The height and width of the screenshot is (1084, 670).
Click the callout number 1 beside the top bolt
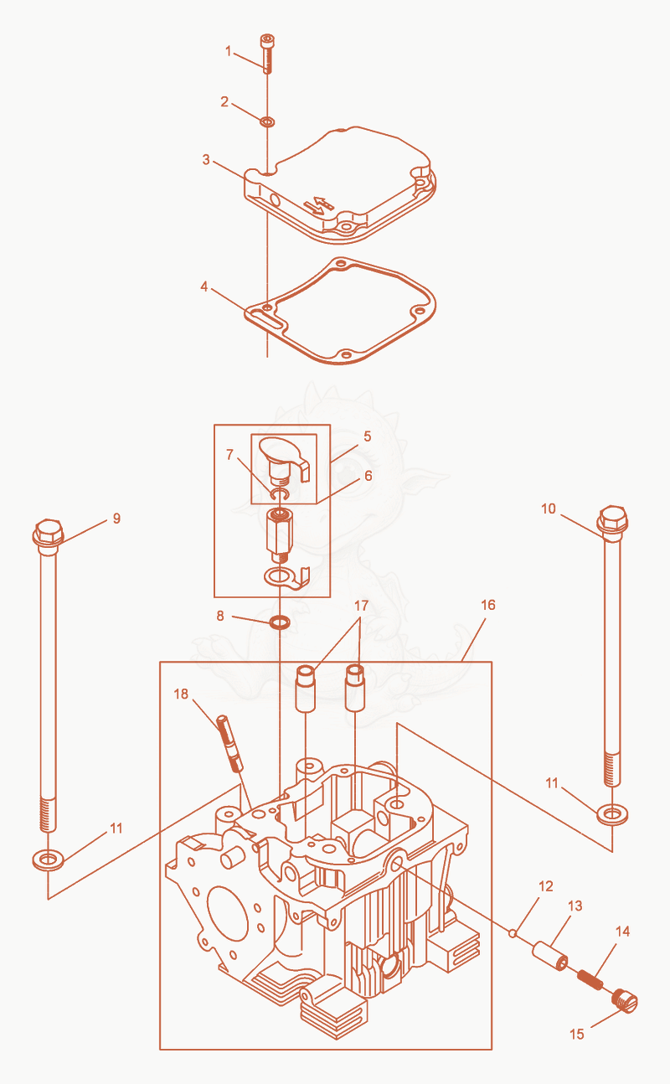coord(229,51)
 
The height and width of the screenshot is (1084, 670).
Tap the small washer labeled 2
coord(267,121)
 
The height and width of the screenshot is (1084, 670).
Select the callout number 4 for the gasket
coord(204,287)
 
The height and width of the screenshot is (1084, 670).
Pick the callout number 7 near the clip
coord(229,454)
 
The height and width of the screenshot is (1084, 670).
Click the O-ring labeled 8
coord(280,622)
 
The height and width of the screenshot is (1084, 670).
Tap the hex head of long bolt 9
coord(48,532)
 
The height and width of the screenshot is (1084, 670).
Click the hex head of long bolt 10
coord(612,519)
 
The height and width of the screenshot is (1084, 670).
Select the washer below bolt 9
coord(48,859)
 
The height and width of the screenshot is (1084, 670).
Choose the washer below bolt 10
coord(612,814)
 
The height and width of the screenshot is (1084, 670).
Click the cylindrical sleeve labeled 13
coord(550,956)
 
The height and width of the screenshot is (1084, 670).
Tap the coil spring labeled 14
coord(590,980)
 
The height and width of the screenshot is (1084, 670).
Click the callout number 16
coord(488,605)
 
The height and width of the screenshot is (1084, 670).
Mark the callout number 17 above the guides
coord(361,606)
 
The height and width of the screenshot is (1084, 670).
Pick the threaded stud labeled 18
coord(229,743)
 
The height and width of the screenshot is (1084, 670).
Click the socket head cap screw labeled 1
coord(267,54)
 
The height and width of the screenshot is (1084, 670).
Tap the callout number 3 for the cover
coord(206,160)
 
